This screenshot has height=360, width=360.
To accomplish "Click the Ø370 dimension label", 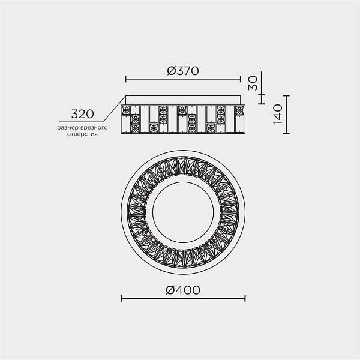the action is pyautogui.click(x=183, y=71).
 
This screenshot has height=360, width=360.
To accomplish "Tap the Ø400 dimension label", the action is pyautogui.click(x=183, y=290).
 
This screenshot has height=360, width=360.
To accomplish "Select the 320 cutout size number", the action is pyautogui.click(x=82, y=114).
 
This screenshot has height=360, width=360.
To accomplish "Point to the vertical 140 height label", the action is pyautogui.click(x=278, y=114).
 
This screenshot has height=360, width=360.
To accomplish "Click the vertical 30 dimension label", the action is pyautogui.click(x=253, y=83).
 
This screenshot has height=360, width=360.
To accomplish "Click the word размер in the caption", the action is pyautogui.click(x=67, y=128).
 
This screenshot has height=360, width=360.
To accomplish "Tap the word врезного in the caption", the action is pyautogui.click(x=94, y=127).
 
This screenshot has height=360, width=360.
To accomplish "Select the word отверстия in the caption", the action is pyautogui.click(x=82, y=134).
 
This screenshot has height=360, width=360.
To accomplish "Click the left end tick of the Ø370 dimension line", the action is pyautogui.click(x=125, y=79).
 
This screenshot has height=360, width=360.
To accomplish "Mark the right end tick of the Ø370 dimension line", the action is pyautogui.click(x=241, y=79).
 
